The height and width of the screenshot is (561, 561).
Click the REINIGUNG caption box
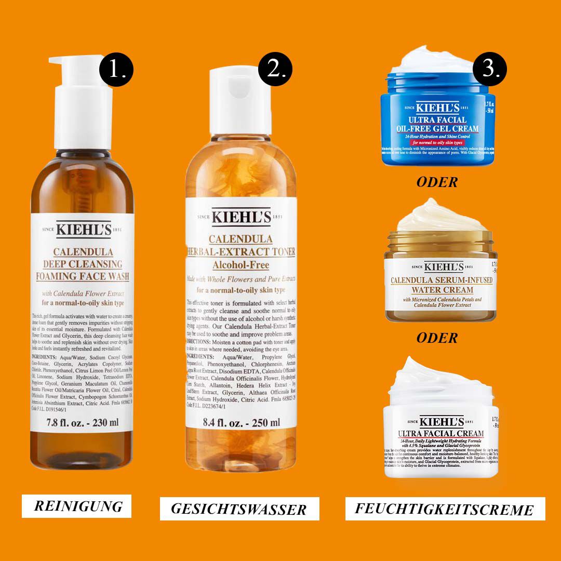click(x=78, y=506)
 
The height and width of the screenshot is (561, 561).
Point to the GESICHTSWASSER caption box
click(x=239, y=509)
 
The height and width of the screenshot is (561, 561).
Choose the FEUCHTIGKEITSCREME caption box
click(x=445, y=509)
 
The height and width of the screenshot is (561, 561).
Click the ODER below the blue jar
click(x=437, y=182)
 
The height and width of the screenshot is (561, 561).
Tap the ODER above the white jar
click(x=437, y=338)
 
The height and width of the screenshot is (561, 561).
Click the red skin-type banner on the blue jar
click(x=436, y=142)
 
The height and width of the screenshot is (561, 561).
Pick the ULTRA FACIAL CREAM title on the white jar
click(x=440, y=433)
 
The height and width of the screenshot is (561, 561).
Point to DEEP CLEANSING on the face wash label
click(x=83, y=264)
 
